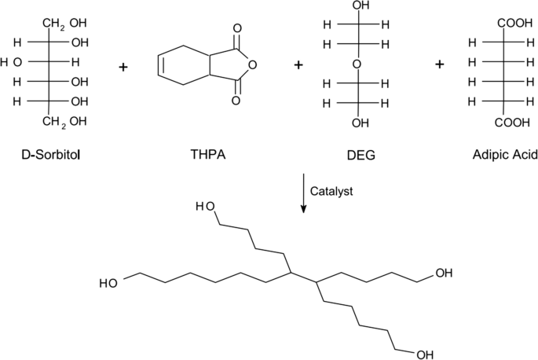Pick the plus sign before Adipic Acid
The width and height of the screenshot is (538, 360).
click(439, 65)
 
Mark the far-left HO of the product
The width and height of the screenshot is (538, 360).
click(110, 282)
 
